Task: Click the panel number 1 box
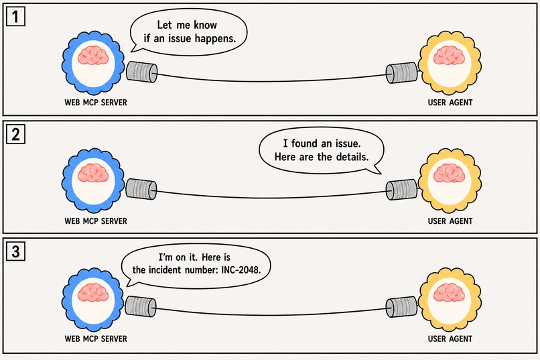[x=15, y=17]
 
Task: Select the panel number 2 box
[x=15, y=134]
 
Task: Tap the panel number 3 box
[x=15, y=251]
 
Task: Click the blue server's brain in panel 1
[x=93, y=56]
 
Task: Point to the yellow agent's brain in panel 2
[x=449, y=172]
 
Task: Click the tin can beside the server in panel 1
[x=142, y=72]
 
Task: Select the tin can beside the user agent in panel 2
[x=401, y=190]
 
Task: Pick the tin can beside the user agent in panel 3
[x=401, y=307]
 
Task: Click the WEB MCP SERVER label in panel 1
[x=96, y=103]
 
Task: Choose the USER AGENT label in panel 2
[x=450, y=221]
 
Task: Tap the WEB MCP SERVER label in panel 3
[x=96, y=339]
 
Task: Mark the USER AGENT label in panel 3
[x=450, y=339]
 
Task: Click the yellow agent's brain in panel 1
[x=449, y=56]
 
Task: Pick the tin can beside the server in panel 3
[x=141, y=306]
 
